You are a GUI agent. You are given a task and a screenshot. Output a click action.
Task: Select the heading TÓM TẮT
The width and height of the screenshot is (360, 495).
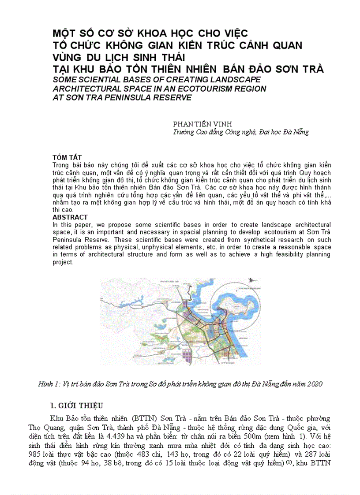tap(67, 157)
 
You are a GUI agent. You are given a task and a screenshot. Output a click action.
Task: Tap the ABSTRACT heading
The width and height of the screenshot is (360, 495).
tap(70, 217)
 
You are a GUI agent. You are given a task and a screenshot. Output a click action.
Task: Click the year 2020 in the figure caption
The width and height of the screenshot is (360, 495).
tap(314, 384)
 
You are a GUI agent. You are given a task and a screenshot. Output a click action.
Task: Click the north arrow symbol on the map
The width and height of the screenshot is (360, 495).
tap(251, 279)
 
